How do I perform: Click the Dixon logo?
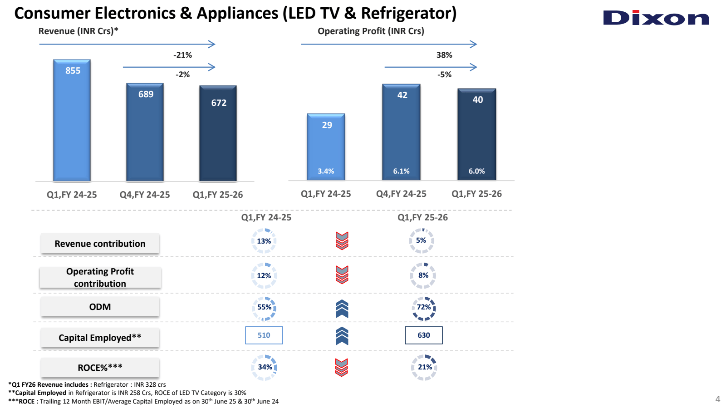(656, 18)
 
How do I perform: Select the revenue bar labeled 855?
(72, 120)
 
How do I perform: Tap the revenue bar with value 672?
(218, 134)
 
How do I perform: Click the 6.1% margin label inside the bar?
(401, 171)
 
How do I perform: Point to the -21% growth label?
(182, 55)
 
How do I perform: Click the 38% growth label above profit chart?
(444, 55)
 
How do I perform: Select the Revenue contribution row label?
(100, 244)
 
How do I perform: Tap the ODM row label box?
(100, 307)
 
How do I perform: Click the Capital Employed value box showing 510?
(264, 335)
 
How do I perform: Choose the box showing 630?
(423, 335)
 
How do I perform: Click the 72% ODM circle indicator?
(424, 308)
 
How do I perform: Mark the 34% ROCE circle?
(265, 367)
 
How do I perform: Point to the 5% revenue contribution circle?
(421, 240)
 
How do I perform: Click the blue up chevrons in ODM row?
(342, 309)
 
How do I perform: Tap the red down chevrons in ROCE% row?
(342, 367)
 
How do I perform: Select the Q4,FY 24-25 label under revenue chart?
(145, 195)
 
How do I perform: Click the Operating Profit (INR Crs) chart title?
(371, 31)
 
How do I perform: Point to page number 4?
(717, 399)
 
